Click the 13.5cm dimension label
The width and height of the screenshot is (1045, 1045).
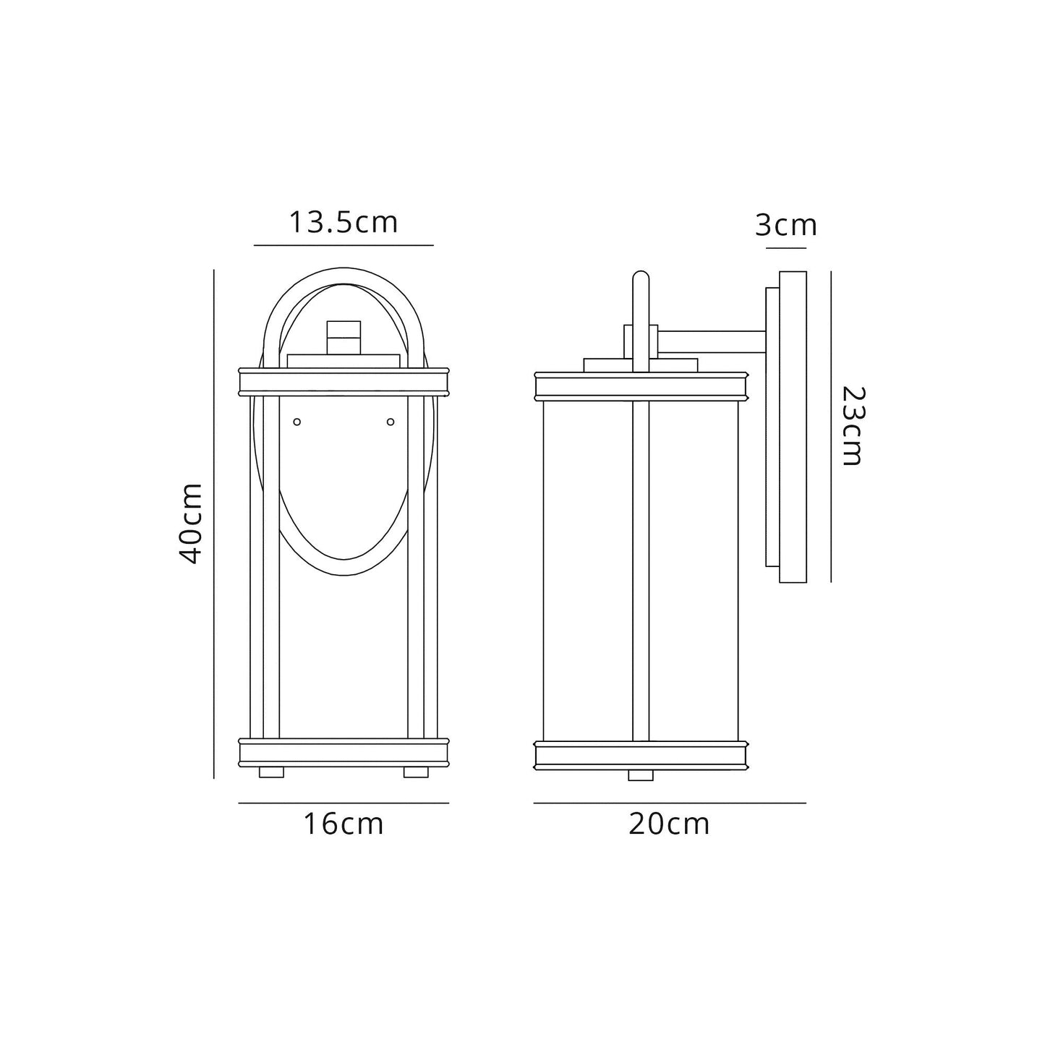[x=344, y=222]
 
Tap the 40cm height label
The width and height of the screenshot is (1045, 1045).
[x=192, y=523]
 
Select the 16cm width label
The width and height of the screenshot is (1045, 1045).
[x=343, y=824]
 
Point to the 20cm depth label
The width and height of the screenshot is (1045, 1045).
[x=669, y=824]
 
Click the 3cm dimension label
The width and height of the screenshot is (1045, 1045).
[x=786, y=226]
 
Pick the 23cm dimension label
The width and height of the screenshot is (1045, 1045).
[x=854, y=427]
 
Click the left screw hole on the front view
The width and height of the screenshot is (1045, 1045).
[x=297, y=422]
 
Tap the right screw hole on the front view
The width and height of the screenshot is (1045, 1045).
[x=391, y=422]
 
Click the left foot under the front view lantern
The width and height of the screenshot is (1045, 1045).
[x=271, y=772]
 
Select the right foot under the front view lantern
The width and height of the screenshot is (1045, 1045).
[x=416, y=772]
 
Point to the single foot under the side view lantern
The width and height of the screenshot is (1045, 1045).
[x=641, y=775]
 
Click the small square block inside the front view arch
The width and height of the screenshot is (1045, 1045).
[x=344, y=338]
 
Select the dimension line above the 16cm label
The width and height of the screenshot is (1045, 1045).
[x=344, y=803]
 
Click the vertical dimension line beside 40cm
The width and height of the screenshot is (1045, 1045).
[x=214, y=524]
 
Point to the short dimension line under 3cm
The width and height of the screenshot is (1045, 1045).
[x=786, y=248]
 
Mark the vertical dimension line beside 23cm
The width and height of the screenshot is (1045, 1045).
[x=831, y=427]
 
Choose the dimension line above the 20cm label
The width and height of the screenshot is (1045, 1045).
[x=670, y=803]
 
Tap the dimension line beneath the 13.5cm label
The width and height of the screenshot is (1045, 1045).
[x=344, y=245]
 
